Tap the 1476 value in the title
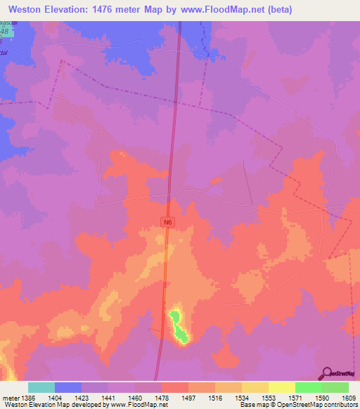pos(114,10)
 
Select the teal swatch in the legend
pos(41,387)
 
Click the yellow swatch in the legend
pos(281,387)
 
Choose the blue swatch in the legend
pos(67,387)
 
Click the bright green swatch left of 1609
pos(308,387)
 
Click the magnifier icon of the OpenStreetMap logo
pos(327,373)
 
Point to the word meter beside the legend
pos(11,398)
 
